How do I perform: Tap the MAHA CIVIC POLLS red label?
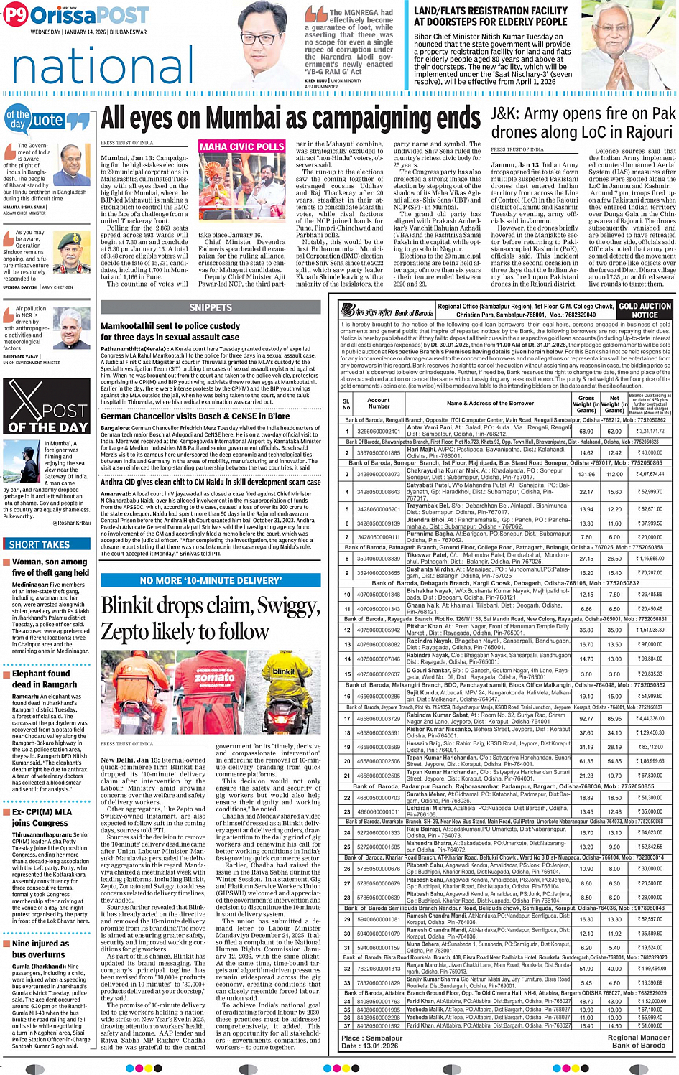click(x=242, y=146)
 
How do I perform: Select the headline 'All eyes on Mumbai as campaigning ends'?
click(x=290, y=118)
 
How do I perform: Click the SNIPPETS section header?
click(x=211, y=307)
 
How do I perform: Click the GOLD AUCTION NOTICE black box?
click(x=645, y=310)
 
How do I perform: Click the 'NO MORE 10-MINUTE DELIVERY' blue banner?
click(x=211, y=580)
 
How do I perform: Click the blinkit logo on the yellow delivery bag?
click(x=284, y=671)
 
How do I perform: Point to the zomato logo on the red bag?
click(x=214, y=676)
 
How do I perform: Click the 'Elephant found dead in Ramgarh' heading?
click(x=45, y=679)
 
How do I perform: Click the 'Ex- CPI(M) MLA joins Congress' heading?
click(x=42, y=817)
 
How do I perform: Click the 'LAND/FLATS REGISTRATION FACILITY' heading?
click(x=490, y=17)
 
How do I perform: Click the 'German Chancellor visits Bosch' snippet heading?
click(x=195, y=416)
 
